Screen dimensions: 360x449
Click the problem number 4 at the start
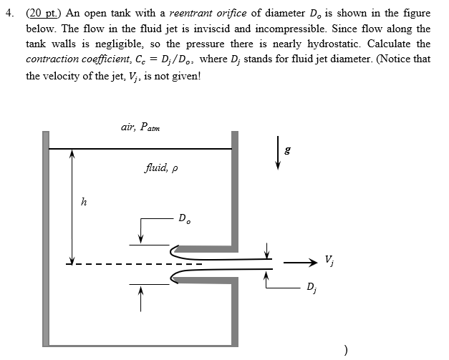(11, 12)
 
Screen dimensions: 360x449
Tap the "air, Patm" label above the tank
(140, 127)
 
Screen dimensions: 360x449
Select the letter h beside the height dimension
(84, 202)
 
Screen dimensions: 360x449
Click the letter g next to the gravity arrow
(288, 151)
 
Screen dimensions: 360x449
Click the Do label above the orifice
(185, 218)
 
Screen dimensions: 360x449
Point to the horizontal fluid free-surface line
(140, 148)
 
